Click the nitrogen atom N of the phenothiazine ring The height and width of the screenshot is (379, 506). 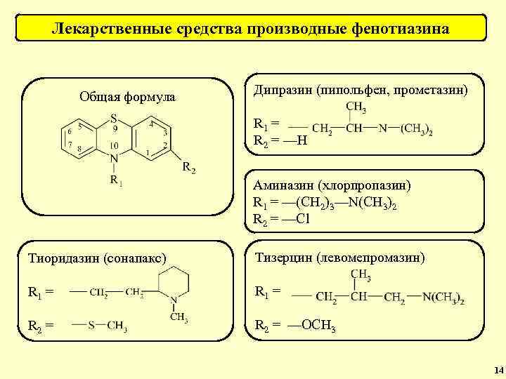(x=113, y=160)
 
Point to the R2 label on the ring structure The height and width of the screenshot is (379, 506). (x=189, y=168)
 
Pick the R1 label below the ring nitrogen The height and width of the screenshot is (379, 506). (x=116, y=181)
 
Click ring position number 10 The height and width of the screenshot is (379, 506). (x=114, y=145)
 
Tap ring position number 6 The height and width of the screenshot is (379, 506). (x=70, y=131)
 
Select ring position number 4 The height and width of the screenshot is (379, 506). (x=151, y=126)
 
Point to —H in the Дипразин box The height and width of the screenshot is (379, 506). (x=294, y=140)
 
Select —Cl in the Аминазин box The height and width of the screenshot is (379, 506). (x=296, y=218)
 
